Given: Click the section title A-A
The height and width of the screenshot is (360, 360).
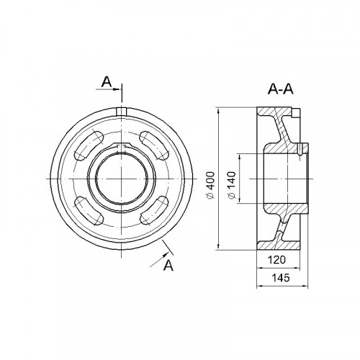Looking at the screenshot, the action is click(x=281, y=89).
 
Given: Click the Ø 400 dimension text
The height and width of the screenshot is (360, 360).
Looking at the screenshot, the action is click(x=210, y=185).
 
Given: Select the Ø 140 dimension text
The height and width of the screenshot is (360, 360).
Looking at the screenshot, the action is click(x=232, y=185).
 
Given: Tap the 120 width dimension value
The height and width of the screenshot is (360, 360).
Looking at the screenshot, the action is click(x=276, y=260).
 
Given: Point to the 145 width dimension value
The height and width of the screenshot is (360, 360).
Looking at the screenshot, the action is click(x=281, y=278).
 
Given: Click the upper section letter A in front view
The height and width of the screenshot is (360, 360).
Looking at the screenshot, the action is click(x=107, y=82).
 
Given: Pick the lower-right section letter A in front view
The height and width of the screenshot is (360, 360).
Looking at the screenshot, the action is click(x=168, y=265).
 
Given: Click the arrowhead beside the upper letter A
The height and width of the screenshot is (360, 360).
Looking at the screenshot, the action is click(x=117, y=89).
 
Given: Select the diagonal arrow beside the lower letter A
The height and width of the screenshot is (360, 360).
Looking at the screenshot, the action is click(x=159, y=259).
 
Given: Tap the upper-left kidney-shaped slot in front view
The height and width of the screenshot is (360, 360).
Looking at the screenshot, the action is click(x=89, y=145).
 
